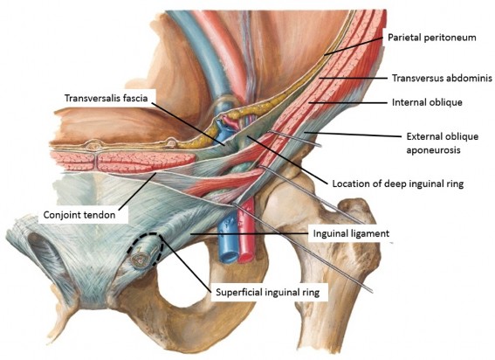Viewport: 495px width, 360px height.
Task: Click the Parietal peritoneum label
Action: click(431, 38)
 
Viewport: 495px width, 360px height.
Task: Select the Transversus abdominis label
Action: click(442, 78)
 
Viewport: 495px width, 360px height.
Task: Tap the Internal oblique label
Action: click(427, 102)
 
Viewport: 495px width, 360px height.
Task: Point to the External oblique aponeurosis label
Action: click(443, 143)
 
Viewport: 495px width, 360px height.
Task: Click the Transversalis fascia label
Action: click(107, 98)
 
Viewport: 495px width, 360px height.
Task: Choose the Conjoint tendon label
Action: click(79, 215)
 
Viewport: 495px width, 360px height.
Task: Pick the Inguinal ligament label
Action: click(351, 233)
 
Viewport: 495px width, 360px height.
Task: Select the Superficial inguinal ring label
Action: click(267, 292)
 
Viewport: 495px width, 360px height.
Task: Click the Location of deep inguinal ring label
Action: click(398, 183)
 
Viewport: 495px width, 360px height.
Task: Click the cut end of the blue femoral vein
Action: click(227, 256)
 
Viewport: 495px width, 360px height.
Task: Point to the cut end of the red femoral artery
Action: click(246, 256)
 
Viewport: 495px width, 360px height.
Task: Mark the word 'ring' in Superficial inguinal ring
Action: click(311, 293)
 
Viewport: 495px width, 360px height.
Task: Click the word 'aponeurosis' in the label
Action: click(433, 150)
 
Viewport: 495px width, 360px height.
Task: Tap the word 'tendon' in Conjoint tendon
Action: click(100, 215)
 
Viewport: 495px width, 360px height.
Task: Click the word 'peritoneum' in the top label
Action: click(452, 38)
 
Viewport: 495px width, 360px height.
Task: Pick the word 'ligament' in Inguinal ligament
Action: click(370, 234)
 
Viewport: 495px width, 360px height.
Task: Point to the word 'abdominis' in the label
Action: click(471, 78)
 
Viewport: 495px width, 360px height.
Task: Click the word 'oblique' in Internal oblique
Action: click(446, 103)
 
